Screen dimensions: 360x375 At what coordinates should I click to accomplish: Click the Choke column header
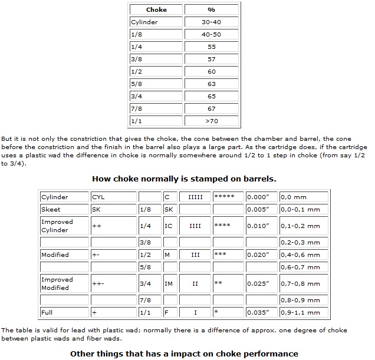click(x=156, y=9)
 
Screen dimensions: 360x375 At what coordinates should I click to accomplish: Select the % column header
click(x=211, y=9)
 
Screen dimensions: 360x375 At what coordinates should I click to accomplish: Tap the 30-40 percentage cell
click(x=211, y=22)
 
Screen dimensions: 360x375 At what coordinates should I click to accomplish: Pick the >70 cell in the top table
click(x=211, y=121)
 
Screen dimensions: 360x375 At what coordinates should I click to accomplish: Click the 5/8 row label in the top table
click(x=156, y=84)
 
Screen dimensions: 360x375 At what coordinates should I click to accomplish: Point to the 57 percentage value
click(x=211, y=60)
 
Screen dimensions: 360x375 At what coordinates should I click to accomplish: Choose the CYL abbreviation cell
click(x=113, y=197)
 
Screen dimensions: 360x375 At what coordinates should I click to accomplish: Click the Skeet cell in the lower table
click(x=64, y=209)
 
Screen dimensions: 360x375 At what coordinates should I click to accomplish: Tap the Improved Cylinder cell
click(x=64, y=226)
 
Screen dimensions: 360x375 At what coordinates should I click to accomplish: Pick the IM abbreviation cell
click(x=170, y=283)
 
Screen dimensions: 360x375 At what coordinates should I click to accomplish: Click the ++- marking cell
click(x=113, y=283)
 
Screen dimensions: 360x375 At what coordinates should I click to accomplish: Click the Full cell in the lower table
click(x=64, y=312)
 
